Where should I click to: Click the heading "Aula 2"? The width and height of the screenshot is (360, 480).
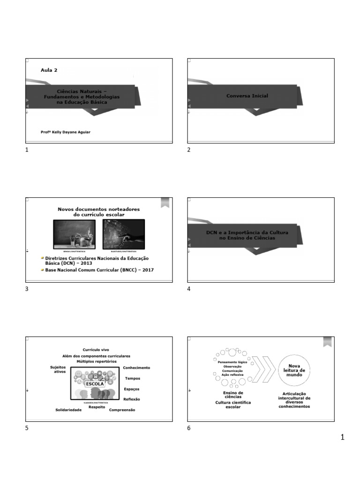pos(49,70)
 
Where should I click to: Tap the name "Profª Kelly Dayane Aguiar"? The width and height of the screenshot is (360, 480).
pos(66,132)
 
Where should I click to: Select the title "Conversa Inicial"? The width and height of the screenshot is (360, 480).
pos(247,96)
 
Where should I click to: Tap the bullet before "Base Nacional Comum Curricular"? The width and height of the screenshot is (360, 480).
pos(42,270)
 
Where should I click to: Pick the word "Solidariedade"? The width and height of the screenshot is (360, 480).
pos(68,410)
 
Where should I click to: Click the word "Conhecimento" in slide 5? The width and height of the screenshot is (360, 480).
pos(136,367)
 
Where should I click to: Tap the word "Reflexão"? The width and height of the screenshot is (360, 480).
pos(131,399)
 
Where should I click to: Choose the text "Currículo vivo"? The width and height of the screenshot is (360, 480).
pos(96,350)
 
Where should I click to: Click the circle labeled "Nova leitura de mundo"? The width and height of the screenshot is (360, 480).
pos(294,370)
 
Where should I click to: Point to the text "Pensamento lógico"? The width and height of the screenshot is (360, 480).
pos(232,362)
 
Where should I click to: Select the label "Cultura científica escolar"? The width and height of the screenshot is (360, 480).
pos(233,405)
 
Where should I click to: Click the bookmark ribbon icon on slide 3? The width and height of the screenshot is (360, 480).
pos(165,202)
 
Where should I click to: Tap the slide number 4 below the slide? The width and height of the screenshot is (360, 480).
pos(189,289)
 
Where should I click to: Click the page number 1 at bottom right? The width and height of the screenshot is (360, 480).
pos(342,438)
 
